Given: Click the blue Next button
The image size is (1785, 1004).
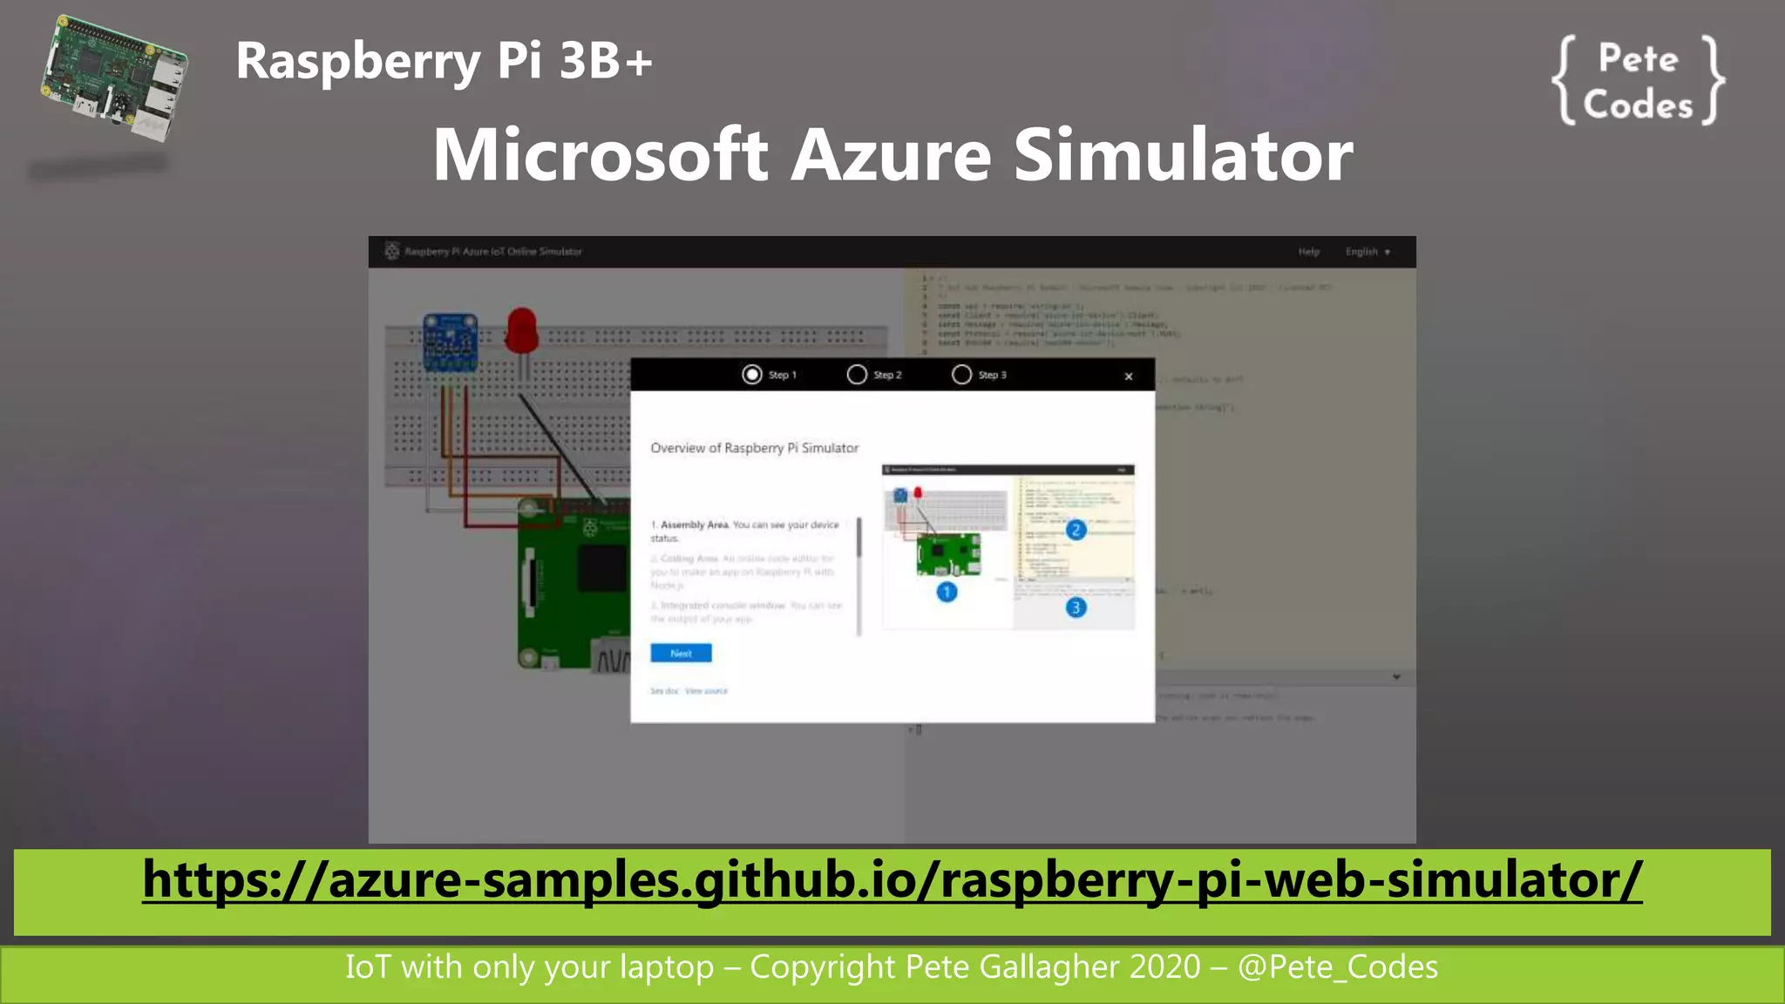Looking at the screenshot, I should tap(681, 653).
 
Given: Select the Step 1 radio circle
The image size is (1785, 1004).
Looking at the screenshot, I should tap(751, 375).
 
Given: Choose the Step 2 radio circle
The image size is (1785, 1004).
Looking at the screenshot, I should tap(857, 375).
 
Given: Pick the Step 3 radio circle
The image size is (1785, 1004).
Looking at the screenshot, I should tap(961, 375).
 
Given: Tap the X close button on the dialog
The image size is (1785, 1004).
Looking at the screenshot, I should tap(1129, 376).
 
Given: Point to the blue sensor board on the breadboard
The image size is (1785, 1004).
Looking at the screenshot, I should tap(450, 342).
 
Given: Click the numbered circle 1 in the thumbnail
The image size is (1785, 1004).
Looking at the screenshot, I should tap(947, 593).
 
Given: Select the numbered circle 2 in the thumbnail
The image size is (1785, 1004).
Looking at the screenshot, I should tap(1076, 530).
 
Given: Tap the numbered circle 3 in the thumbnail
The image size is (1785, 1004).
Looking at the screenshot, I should tap(1076, 607).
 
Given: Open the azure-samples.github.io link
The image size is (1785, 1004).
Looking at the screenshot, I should tap(892, 880).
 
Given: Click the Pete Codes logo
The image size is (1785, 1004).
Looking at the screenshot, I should tap(1638, 82).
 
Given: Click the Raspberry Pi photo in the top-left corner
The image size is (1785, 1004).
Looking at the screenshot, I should tap(113, 78).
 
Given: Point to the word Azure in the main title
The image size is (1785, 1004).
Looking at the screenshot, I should tap(891, 155).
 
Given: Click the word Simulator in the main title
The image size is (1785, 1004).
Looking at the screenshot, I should tap(1183, 155).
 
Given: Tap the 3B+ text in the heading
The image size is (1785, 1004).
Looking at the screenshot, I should tap(606, 61).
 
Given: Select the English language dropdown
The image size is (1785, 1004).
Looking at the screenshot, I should tap(1367, 252).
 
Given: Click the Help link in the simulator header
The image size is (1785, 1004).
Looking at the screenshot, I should tap(1308, 252).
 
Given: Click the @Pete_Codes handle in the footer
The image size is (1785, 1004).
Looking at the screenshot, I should tap(1338, 967).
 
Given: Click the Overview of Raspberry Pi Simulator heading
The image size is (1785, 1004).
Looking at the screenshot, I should tap(754, 448).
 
